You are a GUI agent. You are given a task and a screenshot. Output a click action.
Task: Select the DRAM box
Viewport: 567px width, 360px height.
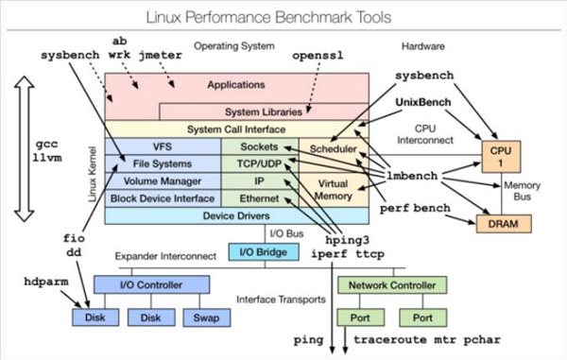pos(499,223)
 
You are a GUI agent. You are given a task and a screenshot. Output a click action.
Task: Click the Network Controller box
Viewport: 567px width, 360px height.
pos(391,283)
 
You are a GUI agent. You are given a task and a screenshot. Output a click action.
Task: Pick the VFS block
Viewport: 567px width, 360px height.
pos(163,147)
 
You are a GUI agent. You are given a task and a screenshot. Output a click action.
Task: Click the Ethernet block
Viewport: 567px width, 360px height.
pos(258,198)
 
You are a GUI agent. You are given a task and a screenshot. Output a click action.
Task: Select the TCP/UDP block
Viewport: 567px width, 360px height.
pos(258,164)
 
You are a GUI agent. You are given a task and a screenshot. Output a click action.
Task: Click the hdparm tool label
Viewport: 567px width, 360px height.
pos(47,282)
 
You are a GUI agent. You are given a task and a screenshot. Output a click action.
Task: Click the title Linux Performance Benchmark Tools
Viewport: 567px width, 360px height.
pos(283,16)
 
